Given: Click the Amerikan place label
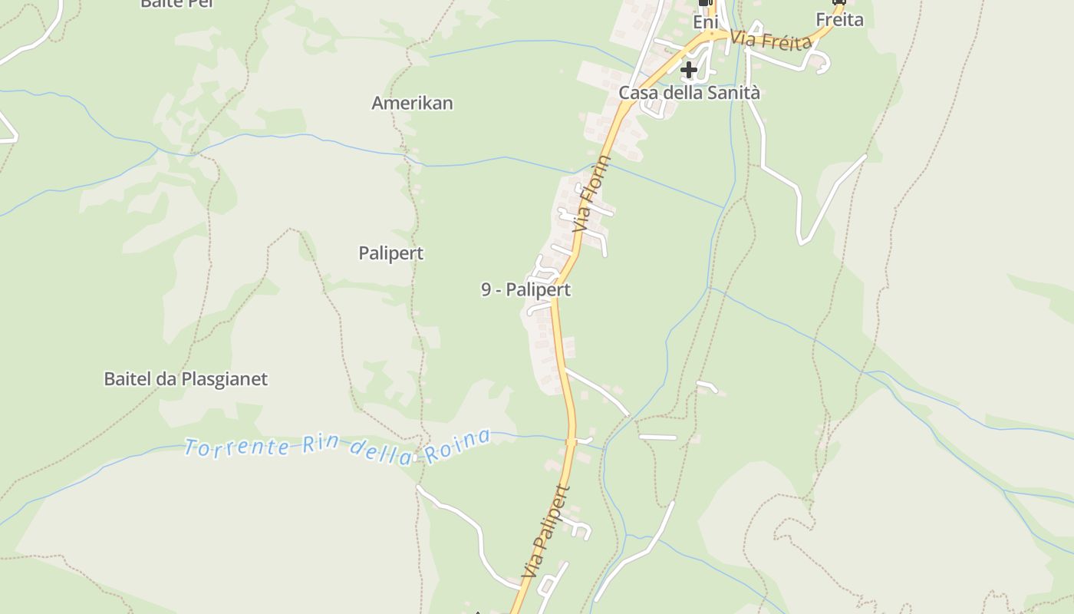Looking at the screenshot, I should [412, 103].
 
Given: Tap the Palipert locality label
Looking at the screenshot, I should [390, 253].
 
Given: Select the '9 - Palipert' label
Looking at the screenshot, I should [525, 290].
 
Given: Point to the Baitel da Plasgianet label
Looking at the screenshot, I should [186, 379].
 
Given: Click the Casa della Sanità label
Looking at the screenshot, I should [689, 93].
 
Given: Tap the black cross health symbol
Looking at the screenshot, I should [689, 70].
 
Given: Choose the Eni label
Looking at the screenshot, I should [705, 23].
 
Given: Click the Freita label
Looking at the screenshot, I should [839, 20].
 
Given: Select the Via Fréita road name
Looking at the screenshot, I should [770, 40].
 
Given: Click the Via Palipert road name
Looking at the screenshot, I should [546, 531].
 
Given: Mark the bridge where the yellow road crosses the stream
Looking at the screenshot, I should [571, 441].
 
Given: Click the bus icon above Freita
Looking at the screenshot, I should [838, 2].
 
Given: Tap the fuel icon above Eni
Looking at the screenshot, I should [706, 3].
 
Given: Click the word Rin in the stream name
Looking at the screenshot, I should [320, 444].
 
